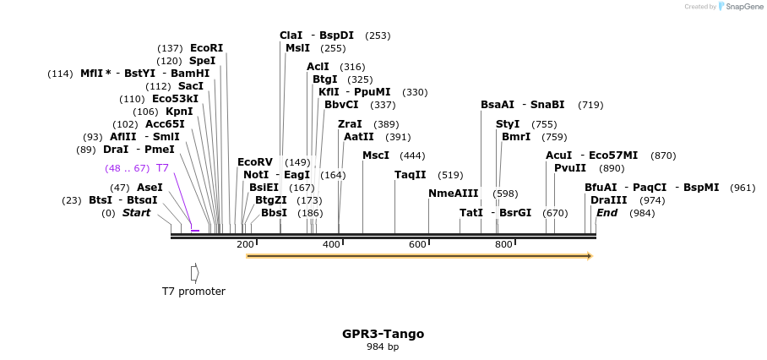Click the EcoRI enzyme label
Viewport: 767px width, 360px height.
(x=206, y=48)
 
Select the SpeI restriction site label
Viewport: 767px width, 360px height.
(x=202, y=61)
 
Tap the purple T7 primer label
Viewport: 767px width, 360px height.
(x=162, y=168)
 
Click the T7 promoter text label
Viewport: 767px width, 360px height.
(x=193, y=292)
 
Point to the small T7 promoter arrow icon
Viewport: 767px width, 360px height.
(x=194, y=273)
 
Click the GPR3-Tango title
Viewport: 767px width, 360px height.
(x=383, y=334)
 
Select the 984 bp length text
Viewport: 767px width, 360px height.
(x=383, y=347)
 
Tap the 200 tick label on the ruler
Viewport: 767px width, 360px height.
(x=245, y=244)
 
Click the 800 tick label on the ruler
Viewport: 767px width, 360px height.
(x=503, y=244)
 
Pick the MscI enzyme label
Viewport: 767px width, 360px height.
(x=376, y=155)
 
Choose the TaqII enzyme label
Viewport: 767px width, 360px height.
(x=411, y=175)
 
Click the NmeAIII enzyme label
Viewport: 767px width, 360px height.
(x=453, y=194)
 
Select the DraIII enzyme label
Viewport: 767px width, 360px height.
(x=609, y=200)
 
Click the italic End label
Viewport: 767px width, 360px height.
(x=607, y=213)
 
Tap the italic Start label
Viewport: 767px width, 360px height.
(x=136, y=213)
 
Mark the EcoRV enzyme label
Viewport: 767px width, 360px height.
(x=255, y=162)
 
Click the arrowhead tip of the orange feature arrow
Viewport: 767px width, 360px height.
(x=592, y=256)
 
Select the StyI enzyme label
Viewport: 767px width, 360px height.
(x=508, y=124)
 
